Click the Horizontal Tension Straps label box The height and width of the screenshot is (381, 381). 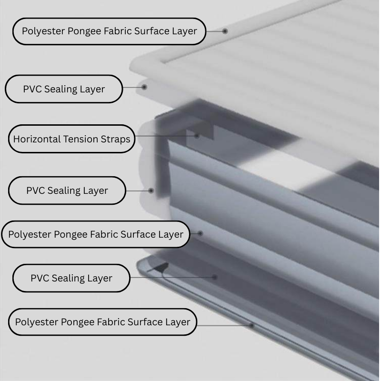click(71, 139)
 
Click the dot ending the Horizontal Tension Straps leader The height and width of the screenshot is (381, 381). click(196, 136)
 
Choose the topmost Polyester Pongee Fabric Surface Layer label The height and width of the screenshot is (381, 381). click(109, 31)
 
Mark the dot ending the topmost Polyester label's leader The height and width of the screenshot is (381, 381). click(225, 31)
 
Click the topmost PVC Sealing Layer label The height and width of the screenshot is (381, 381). click(64, 89)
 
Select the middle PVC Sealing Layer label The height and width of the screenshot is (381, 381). click(67, 190)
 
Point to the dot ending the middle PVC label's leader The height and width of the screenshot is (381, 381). click(151, 190)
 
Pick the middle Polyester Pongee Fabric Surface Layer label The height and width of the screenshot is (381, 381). click(95, 234)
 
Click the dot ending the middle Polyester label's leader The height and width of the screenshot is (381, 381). click(201, 233)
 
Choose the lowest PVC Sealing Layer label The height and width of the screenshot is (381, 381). click(71, 278)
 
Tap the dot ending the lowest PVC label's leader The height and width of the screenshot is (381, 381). click(215, 276)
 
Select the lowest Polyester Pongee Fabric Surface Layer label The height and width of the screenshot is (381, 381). click(102, 322)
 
